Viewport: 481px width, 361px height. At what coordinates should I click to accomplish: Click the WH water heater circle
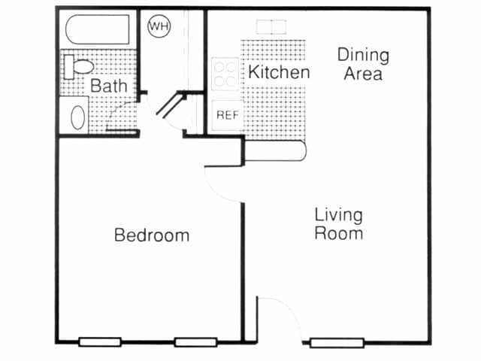tap(159, 27)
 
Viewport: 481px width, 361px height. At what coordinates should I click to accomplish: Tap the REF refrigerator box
tap(226, 115)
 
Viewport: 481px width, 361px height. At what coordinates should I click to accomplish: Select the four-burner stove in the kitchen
tap(225, 74)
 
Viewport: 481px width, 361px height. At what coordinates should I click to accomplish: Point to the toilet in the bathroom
tap(79, 65)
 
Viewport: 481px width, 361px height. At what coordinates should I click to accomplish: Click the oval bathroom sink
tap(77, 117)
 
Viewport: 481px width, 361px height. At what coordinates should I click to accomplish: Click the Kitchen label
tap(279, 72)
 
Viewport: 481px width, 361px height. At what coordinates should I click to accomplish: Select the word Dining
tap(363, 55)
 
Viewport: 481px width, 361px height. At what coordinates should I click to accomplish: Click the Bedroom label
tap(151, 235)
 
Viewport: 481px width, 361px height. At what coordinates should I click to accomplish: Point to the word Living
tap(338, 215)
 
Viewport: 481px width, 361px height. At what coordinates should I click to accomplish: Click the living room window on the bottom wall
tap(337, 343)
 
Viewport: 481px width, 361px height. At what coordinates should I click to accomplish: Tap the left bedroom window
tap(101, 342)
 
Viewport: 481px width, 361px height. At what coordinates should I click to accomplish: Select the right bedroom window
tap(195, 342)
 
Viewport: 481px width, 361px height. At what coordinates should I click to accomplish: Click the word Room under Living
tap(338, 233)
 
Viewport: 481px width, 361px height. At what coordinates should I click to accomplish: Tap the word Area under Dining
tap(364, 74)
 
